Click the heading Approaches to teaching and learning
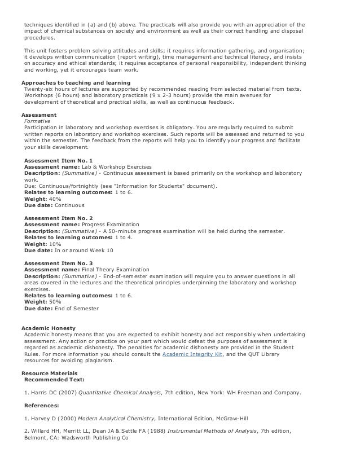point(76,83)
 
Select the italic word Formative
point(37,121)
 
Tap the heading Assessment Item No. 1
point(59,161)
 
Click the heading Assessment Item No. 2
point(59,218)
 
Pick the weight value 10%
point(55,244)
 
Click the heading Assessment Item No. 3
point(59,263)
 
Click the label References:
point(42,405)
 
